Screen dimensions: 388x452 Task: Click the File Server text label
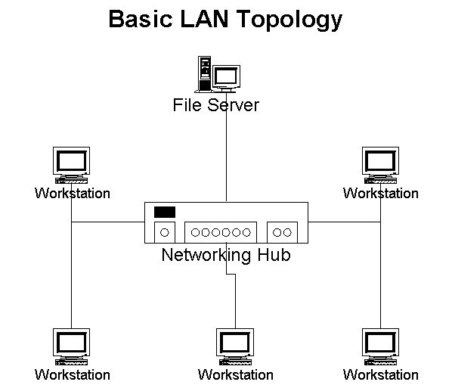click(215, 104)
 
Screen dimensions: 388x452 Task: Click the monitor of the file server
click(225, 76)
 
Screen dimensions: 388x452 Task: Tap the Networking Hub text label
click(225, 256)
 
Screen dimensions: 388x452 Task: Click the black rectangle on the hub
click(164, 212)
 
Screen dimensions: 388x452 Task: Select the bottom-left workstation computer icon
click(72, 346)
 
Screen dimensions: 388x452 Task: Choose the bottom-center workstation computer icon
click(235, 346)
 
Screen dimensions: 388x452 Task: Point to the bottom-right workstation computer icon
click(380, 346)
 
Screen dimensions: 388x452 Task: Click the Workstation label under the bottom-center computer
click(235, 375)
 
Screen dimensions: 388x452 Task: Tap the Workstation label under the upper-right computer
click(380, 194)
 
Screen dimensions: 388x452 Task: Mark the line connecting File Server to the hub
click(226, 159)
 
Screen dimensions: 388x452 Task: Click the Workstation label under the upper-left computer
click(72, 194)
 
